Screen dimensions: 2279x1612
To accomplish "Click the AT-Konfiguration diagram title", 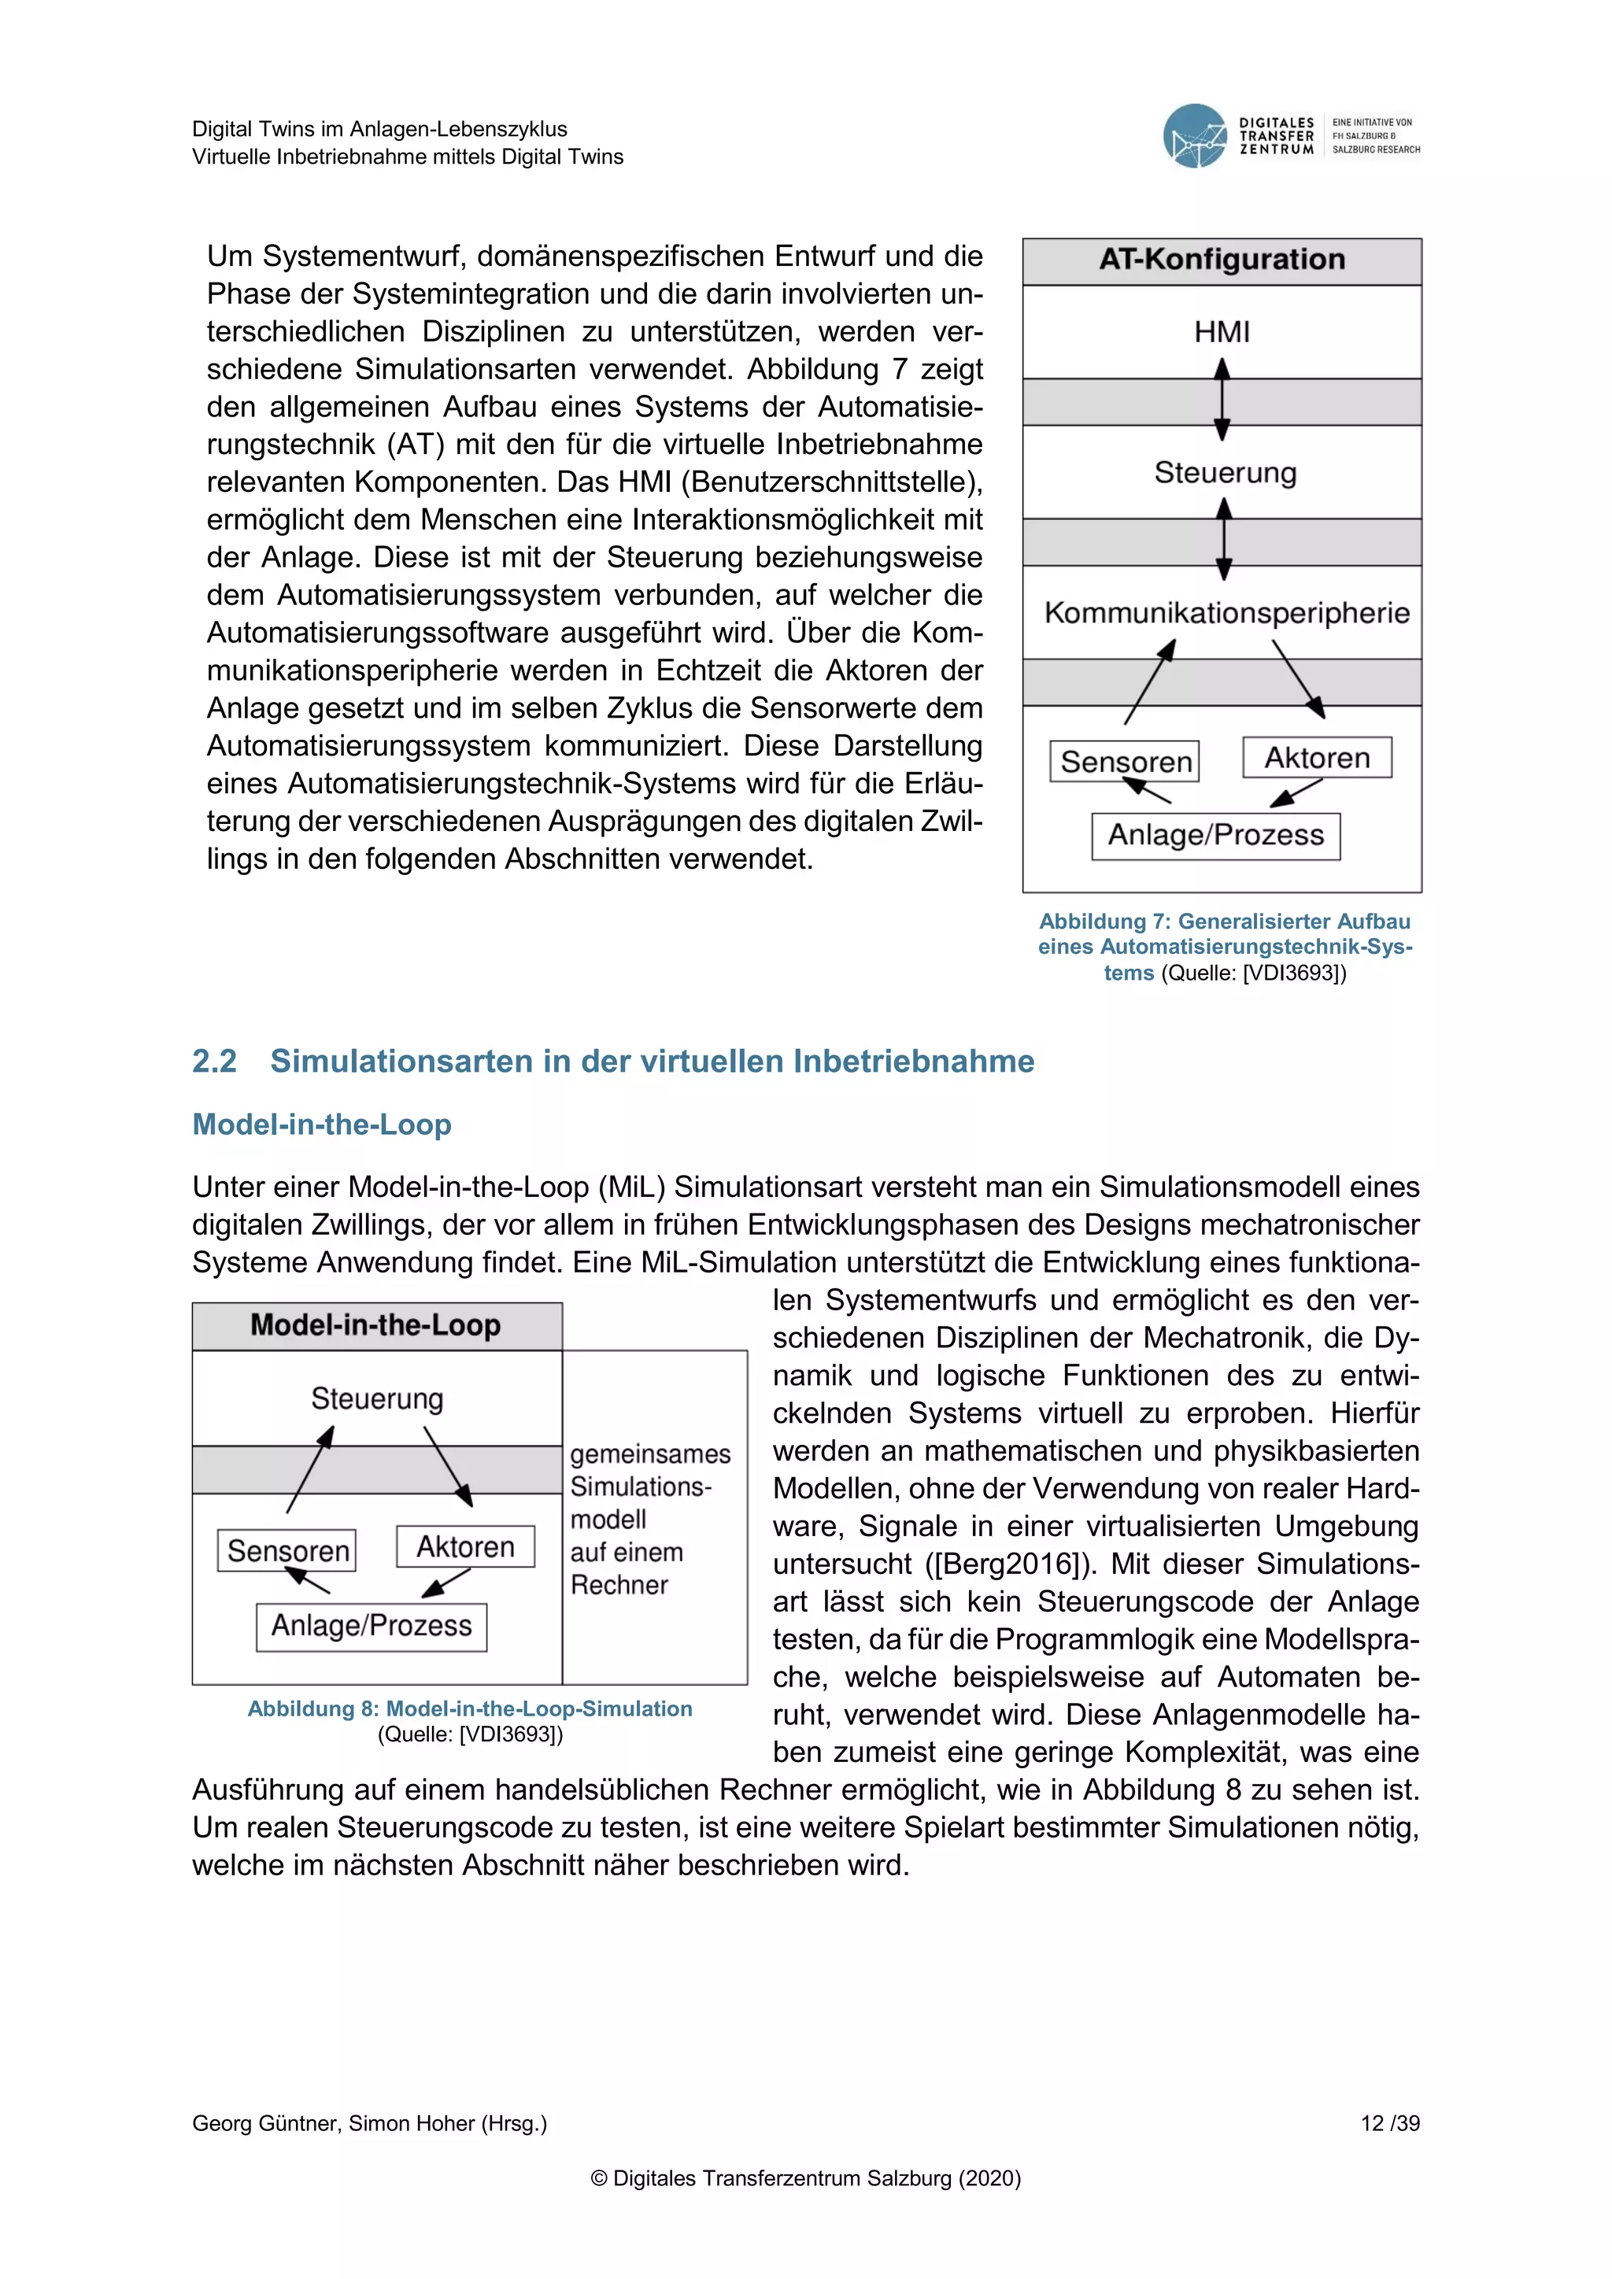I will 1222,260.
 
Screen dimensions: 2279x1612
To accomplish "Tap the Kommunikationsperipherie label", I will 1227,612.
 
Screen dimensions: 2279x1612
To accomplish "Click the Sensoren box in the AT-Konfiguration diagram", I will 1125,761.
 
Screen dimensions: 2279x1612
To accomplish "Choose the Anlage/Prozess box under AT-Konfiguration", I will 1215,835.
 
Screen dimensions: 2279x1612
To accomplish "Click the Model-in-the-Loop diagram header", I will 376,1325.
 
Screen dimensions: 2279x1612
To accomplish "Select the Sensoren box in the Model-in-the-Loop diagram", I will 287,1550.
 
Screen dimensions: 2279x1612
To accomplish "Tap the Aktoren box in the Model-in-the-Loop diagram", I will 464,1546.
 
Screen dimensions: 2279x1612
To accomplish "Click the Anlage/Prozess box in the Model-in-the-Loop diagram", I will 372,1626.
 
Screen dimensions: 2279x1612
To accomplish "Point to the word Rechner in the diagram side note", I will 619,1585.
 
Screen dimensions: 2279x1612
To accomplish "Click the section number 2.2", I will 214,1061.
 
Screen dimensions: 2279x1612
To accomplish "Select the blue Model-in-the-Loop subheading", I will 322,1125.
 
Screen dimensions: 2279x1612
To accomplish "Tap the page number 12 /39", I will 1390,2123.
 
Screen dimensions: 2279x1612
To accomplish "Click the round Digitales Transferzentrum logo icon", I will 1195,136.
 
